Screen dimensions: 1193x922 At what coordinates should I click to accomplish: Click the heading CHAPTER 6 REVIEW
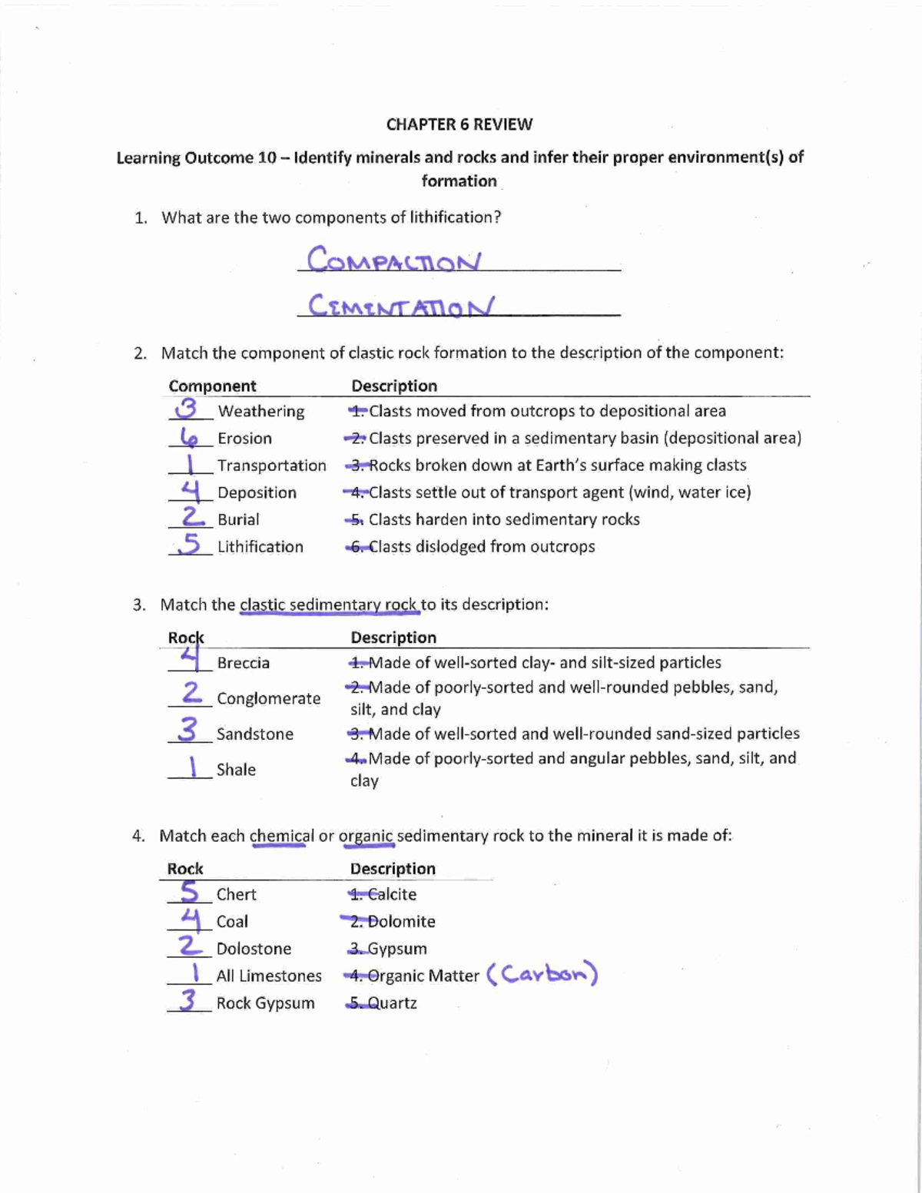coord(459,124)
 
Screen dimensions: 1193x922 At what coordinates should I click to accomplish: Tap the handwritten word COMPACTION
coord(394,260)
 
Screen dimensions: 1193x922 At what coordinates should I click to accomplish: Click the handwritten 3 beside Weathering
coord(186,409)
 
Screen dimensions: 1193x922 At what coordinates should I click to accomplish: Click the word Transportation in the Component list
coord(271,466)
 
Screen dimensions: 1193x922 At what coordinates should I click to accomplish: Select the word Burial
coord(238,519)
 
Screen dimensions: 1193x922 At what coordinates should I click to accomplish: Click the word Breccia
coord(243,663)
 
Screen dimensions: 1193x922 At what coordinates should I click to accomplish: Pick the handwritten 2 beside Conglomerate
coord(191,693)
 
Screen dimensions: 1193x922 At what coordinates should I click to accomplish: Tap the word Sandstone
coord(254,734)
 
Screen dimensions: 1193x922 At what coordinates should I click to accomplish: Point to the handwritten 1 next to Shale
coord(193,766)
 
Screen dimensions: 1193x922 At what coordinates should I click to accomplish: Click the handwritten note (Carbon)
coord(542,974)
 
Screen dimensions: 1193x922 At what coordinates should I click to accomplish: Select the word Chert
coord(236,894)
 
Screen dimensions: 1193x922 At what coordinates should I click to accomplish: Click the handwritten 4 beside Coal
coord(191,918)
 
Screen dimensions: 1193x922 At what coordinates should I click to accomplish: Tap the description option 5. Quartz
coord(382,1003)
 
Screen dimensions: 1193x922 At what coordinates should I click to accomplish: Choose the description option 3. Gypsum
coord(387,949)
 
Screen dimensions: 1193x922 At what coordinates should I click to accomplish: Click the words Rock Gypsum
coord(265,1003)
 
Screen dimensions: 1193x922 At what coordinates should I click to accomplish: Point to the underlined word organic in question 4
coord(366,836)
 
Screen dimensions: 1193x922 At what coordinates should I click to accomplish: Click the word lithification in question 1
coord(453,217)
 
